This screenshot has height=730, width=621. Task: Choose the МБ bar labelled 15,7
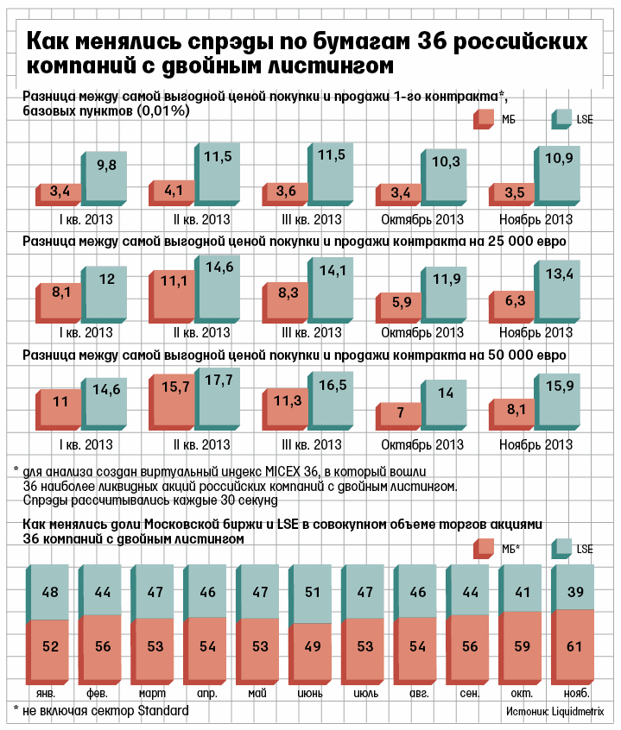[x=173, y=401]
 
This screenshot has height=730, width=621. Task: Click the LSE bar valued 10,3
[x=446, y=178]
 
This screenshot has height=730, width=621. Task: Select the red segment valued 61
[x=573, y=645]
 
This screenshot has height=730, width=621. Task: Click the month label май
[x=257, y=693]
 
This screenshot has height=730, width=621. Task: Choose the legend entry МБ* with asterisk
[x=510, y=548]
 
